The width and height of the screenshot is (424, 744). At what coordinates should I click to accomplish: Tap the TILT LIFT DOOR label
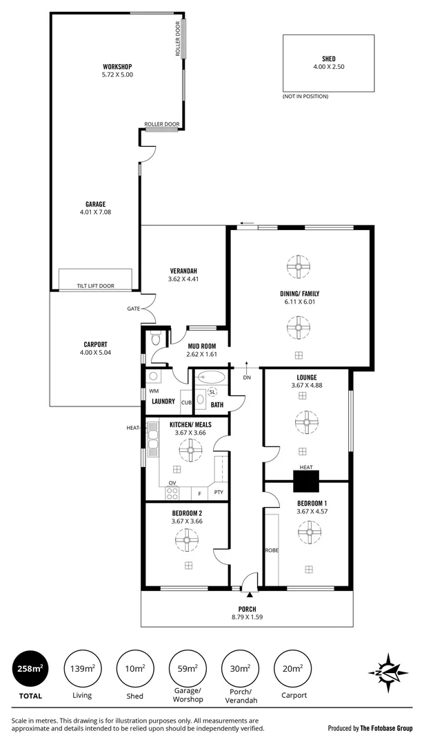coord(96,285)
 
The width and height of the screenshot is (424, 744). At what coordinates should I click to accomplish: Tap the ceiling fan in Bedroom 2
coord(187,541)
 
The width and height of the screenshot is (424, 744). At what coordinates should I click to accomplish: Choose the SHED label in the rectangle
coord(328,60)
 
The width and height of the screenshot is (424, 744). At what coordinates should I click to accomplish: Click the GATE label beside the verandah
coord(133,309)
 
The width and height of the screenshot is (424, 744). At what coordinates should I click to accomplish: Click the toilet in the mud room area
coord(155,340)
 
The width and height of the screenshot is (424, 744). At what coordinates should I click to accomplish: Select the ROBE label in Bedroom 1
coord(271,550)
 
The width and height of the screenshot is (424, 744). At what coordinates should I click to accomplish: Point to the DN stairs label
coord(246,378)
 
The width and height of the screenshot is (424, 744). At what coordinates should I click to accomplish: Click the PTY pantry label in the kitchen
coord(219,492)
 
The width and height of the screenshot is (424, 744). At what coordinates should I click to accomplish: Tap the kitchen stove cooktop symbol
coord(171,493)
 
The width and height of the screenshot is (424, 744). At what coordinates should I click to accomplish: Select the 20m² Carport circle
coord(292,668)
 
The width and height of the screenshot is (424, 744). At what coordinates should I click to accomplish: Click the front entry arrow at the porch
coord(248,594)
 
